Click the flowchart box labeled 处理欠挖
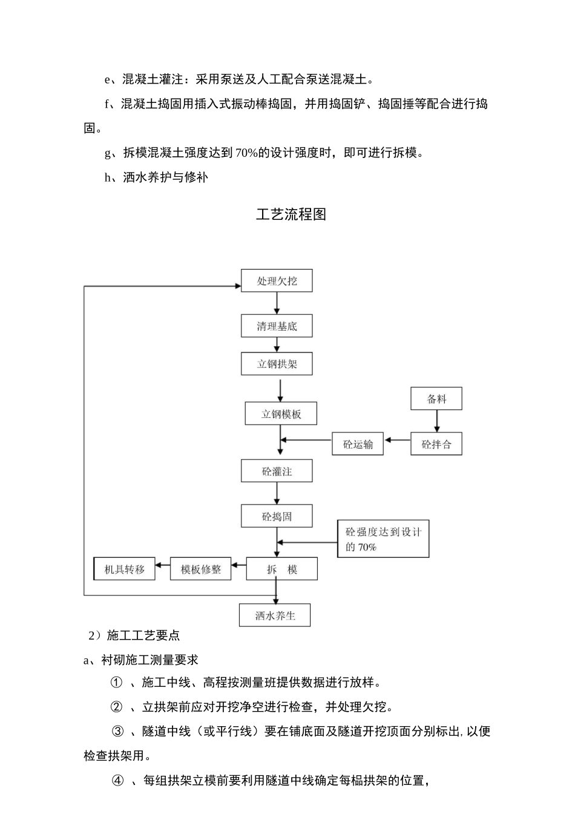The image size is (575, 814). pyautogui.click(x=277, y=281)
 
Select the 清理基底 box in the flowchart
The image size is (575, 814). pyautogui.click(x=277, y=326)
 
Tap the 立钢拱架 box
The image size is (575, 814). pyautogui.click(x=277, y=365)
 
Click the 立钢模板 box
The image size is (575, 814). pyautogui.click(x=281, y=414)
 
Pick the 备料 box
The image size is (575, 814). pyautogui.click(x=436, y=399)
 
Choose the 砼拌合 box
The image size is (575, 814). pyautogui.click(x=436, y=444)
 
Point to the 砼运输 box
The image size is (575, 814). pyautogui.click(x=358, y=444)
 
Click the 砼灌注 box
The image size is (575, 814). pyautogui.click(x=277, y=471)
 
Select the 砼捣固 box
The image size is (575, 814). pyautogui.click(x=277, y=517)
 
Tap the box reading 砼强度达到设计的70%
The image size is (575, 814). pyautogui.click(x=383, y=539)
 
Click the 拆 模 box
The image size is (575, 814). pyautogui.click(x=281, y=569)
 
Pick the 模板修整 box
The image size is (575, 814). pyautogui.click(x=201, y=569)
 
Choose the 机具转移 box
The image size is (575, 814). pyautogui.click(x=125, y=569)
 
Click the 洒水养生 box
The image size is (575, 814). pyautogui.click(x=275, y=616)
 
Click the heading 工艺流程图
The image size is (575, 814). pyautogui.click(x=291, y=214)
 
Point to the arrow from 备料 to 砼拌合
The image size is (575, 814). pyautogui.click(x=436, y=421)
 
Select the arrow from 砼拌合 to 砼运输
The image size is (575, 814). pyautogui.click(x=397, y=441)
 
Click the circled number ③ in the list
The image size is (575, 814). pyautogui.click(x=118, y=732)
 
